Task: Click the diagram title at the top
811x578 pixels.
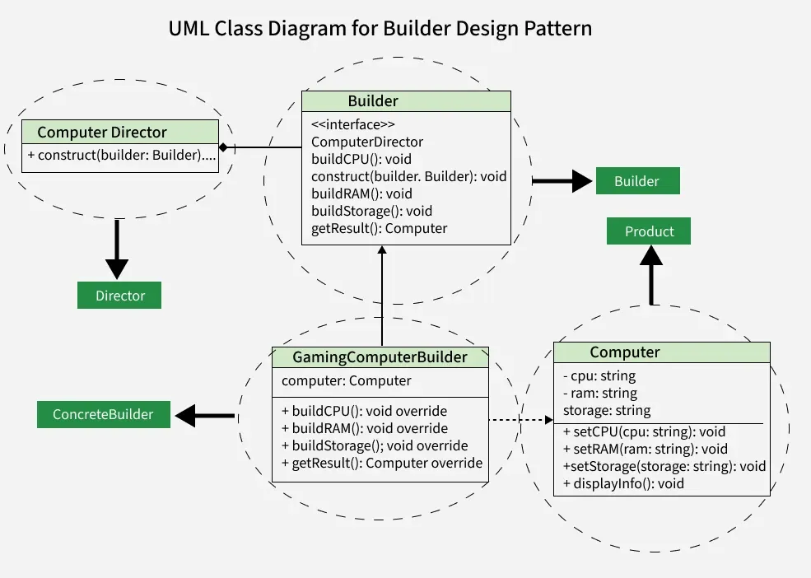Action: pyautogui.click(x=380, y=28)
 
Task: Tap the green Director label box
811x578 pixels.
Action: pyautogui.click(x=119, y=296)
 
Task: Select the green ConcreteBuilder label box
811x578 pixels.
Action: pyautogui.click(x=103, y=414)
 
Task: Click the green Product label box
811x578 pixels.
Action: pyautogui.click(x=649, y=231)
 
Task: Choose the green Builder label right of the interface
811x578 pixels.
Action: pyautogui.click(x=636, y=181)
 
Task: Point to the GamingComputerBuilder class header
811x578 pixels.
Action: pyautogui.click(x=380, y=357)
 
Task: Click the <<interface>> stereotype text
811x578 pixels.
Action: pyautogui.click(x=353, y=124)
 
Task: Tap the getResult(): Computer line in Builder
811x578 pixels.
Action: pyautogui.click(x=379, y=228)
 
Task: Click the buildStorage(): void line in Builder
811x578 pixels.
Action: pyautogui.click(x=371, y=211)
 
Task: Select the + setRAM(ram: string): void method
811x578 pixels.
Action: pyautogui.click(x=646, y=449)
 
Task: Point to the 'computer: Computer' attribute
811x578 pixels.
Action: pyautogui.click(x=346, y=380)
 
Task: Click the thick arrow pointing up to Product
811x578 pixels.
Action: pyautogui.click(x=651, y=277)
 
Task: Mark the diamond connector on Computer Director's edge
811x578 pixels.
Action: pyautogui.click(x=223, y=147)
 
